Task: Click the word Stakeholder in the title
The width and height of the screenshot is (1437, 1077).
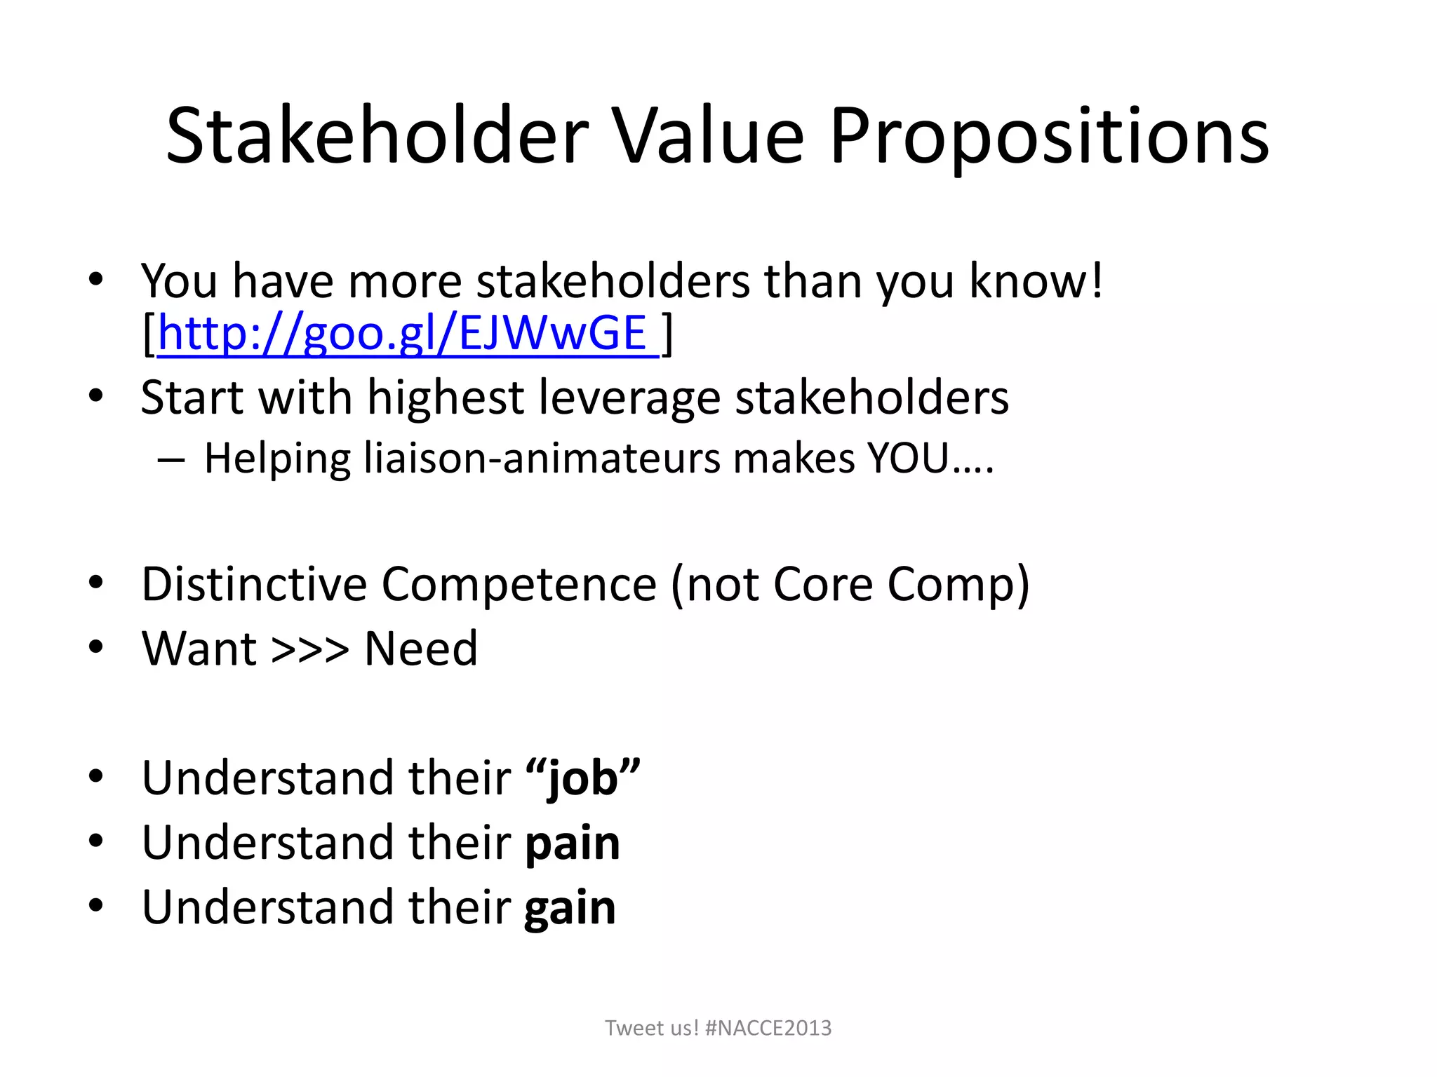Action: (x=377, y=137)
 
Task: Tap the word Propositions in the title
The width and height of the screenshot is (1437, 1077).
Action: (x=1049, y=137)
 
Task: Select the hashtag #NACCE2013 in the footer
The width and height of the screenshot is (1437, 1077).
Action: (x=768, y=1028)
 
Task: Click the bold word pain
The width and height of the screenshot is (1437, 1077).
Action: (x=573, y=843)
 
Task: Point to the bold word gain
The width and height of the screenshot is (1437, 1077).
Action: (x=570, y=907)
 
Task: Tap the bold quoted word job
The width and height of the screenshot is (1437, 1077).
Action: (x=582, y=778)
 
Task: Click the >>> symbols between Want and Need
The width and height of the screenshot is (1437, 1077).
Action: (x=309, y=649)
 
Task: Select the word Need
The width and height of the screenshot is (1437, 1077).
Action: (x=421, y=649)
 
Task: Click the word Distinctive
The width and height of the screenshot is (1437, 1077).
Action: (x=254, y=584)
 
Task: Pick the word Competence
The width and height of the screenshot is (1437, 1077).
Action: (x=519, y=584)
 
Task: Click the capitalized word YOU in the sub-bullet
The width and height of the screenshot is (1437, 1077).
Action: (x=908, y=459)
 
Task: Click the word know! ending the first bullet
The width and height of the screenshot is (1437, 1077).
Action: (x=1036, y=281)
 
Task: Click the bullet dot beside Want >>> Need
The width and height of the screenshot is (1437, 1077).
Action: (x=96, y=646)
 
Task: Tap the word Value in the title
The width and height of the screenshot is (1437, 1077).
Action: (x=709, y=137)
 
